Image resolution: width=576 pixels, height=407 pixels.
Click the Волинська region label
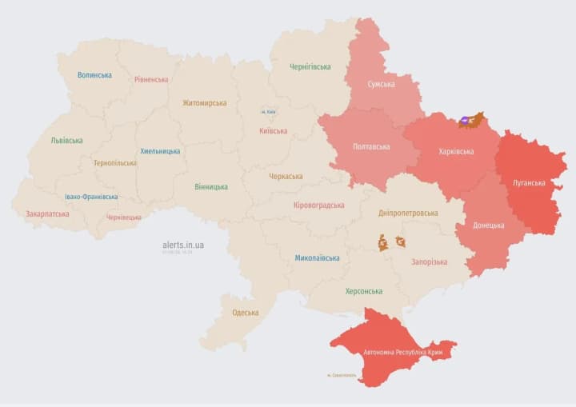pyautogui.click(x=94, y=75)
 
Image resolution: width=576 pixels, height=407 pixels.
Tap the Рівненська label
pyautogui.click(x=151, y=79)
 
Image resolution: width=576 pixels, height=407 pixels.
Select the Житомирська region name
pyautogui.click(x=204, y=102)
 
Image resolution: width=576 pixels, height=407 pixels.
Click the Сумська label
pyautogui.click(x=381, y=84)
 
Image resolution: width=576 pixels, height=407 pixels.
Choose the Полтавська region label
pyautogui.click(x=371, y=147)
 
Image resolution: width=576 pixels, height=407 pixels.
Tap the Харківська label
pyautogui.click(x=456, y=151)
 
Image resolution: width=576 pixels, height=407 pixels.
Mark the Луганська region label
pyautogui.click(x=529, y=182)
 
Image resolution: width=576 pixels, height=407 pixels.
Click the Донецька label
pyautogui.click(x=489, y=225)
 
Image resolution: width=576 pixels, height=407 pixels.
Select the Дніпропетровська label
pyautogui.click(x=408, y=213)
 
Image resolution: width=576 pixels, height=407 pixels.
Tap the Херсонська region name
pyautogui.click(x=363, y=291)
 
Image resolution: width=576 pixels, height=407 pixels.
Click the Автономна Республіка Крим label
pyautogui.click(x=402, y=352)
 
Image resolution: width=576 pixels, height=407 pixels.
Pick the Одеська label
pyautogui.click(x=245, y=313)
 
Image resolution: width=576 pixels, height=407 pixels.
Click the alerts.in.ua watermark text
pyautogui.click(x=182, y=245)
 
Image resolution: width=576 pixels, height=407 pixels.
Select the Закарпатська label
pyautogui.click(x=47, y=214)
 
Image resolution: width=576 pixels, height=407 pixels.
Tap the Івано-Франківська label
pyautogui.click(x=91, y=197)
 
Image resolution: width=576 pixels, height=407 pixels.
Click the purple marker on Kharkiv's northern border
pyautogui.click(x=465, y=122)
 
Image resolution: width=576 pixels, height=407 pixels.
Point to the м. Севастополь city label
pyautogui.click(x=342, y=375)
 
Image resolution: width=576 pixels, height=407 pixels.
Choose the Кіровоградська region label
pyautogui.click(x=318, y=205)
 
